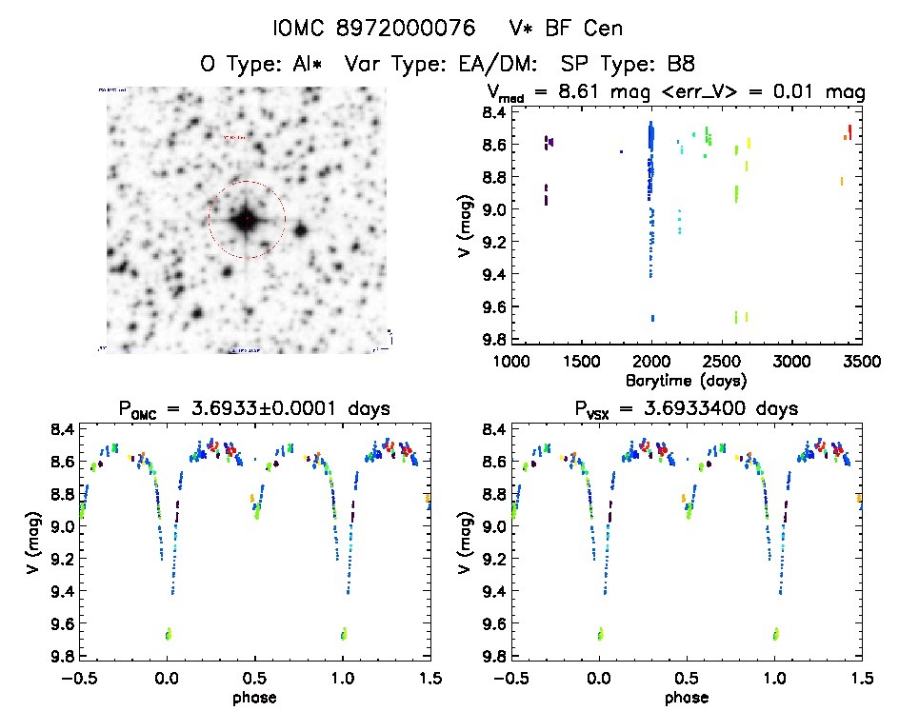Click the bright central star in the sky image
click(x=245, y=220)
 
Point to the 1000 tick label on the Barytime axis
click(x=511, y=362)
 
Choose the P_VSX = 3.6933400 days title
click(x=681, y=409)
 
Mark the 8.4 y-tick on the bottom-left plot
click(x=59, y=429)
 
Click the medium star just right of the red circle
click(x=301, y=230)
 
